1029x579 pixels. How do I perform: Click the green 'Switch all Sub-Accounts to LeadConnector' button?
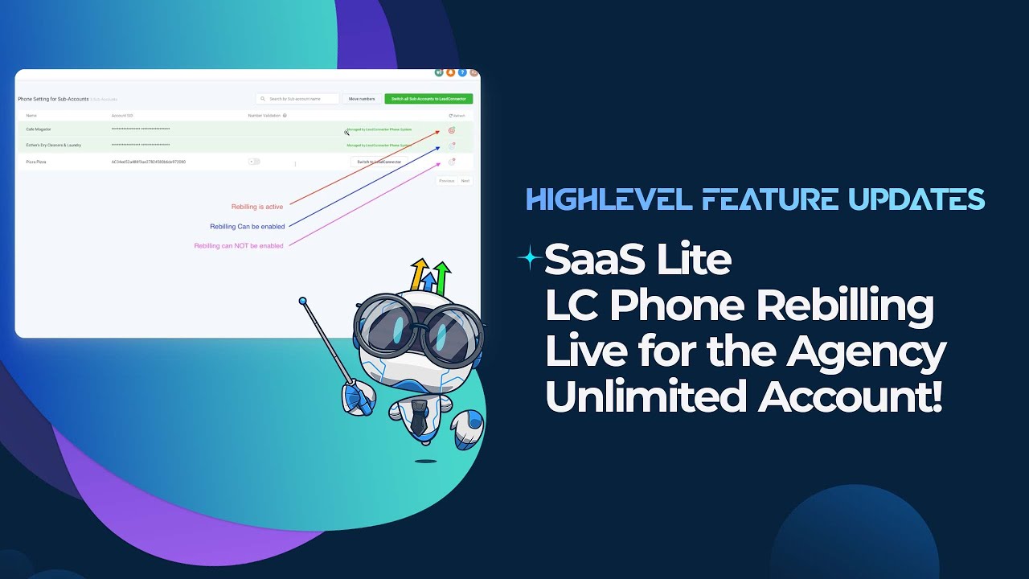coord(428,99)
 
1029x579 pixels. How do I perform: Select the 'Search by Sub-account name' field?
coord(297,99)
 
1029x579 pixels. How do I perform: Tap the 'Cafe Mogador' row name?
coord(39,129)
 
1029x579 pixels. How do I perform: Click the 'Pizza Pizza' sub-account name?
coord(36,162)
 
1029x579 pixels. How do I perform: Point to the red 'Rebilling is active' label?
coord(257,207)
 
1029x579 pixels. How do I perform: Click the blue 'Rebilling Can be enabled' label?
coord(248,227)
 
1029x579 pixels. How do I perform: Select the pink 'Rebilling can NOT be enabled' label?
coord(239,246)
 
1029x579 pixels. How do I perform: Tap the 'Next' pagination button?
coord(465,181)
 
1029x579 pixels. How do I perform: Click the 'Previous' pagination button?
coord(446,181)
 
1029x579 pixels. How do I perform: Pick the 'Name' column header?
coord(31,116)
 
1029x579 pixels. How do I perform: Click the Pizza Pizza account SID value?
coord(149,162)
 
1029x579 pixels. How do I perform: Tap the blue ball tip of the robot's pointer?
coord(303,302)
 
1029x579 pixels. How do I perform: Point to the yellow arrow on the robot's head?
coord(419,272)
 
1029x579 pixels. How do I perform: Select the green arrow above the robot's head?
coord(440,274)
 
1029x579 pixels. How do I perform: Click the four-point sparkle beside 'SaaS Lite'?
coord(530,258)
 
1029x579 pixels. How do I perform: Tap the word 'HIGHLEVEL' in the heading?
coord(608,199)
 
